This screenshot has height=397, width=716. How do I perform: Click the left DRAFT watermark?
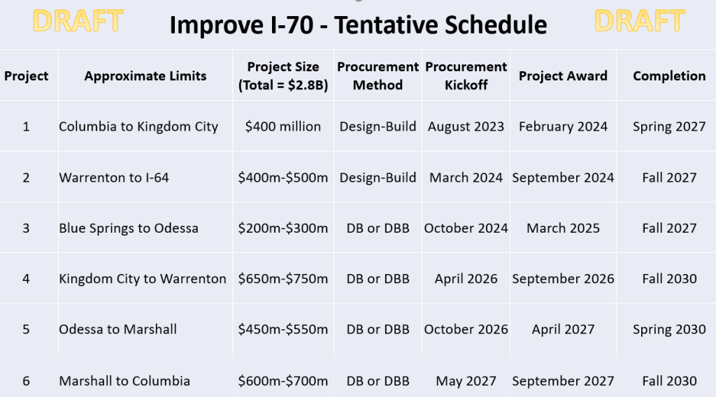point(78,21)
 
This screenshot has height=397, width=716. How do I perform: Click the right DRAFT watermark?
point(640,21)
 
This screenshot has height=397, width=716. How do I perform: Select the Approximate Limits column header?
point(145,75)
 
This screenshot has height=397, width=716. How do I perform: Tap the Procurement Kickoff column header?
point(466,75)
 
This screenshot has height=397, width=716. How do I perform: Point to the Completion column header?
point(669,75)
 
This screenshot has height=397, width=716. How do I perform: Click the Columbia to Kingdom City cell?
point(138,127)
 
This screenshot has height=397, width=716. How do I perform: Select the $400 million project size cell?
point(282,127)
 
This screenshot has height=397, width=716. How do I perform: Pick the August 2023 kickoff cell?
point(466,127)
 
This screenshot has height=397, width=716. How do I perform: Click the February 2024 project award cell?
point(563,127)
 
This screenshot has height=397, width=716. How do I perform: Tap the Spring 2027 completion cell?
point(669,127)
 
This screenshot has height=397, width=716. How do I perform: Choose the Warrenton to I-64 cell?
point(114,178)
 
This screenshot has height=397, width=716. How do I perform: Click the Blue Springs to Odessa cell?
point(129,228)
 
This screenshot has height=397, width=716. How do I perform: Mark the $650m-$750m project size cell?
point(282,279)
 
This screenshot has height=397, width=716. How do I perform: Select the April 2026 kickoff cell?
point(466,279)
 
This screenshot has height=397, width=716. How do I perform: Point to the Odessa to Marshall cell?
point(117,329)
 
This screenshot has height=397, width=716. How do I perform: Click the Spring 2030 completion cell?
point(669,329)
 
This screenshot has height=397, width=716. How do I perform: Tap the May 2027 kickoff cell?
point(466,381)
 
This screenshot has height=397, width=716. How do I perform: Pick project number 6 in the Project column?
point(26,381)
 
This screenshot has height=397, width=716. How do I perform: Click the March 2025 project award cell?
point(563,228)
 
